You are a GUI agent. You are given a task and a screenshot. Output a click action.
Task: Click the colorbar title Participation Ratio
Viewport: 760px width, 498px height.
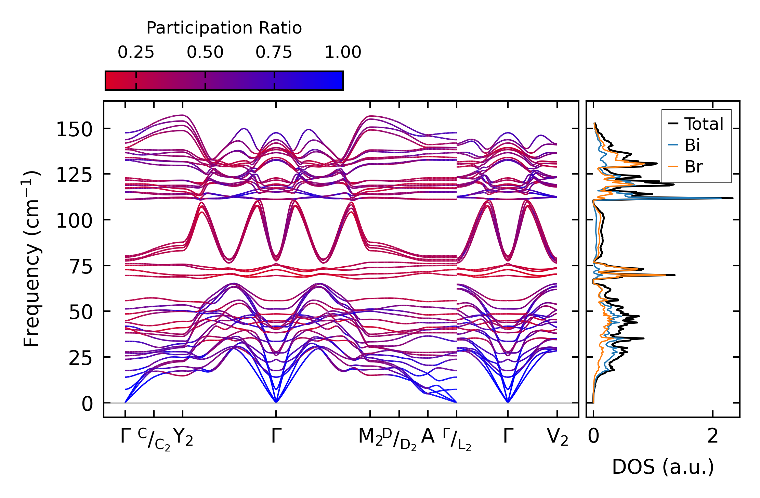(224, 28)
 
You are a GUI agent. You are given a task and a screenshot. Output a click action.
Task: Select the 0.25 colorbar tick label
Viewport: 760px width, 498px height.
(136, 53)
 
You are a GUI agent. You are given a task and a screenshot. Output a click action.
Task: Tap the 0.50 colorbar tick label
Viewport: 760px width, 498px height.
(205, 53)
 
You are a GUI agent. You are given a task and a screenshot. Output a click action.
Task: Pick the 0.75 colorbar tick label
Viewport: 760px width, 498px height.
(274, 53)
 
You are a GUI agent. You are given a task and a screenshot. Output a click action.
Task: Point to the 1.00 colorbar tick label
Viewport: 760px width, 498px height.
(343, 53)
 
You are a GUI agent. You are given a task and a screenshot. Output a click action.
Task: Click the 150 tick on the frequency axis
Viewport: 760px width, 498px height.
(74, 130)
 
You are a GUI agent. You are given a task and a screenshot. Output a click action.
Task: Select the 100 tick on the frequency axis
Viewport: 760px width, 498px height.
(74, 221)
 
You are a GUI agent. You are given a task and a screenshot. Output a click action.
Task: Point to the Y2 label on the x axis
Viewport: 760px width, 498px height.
(183, 437)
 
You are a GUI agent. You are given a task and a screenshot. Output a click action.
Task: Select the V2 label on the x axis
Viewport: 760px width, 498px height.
(558, 437)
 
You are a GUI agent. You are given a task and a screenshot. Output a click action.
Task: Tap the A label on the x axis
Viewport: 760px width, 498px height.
(428, 436)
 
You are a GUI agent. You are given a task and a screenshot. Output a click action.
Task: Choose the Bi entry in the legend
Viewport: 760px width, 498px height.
(692, 145)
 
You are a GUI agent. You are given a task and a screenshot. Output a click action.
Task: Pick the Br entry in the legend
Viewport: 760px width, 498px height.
(693, 167)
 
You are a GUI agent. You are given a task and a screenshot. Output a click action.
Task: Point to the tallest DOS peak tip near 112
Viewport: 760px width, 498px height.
(733, 198)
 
